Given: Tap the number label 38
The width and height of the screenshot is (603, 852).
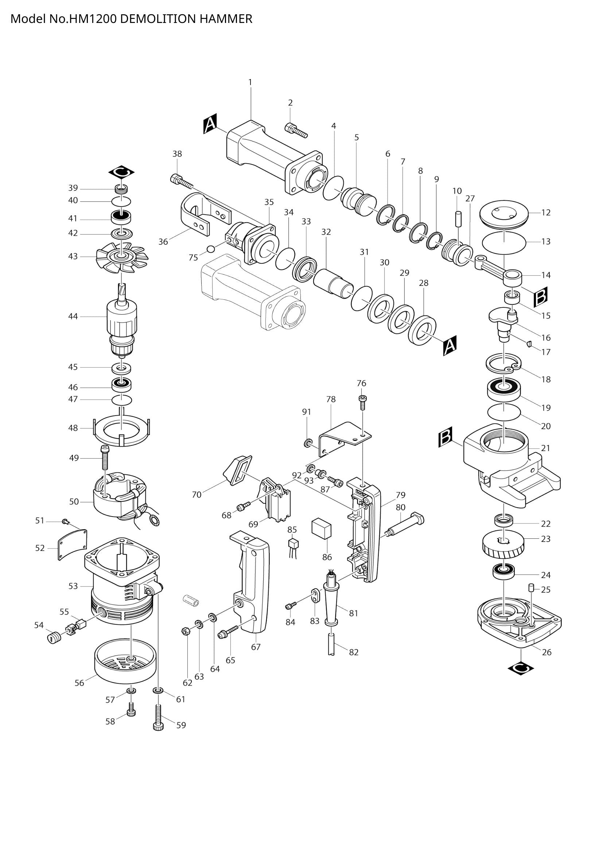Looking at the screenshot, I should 177,154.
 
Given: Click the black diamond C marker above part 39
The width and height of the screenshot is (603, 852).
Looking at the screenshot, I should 121,172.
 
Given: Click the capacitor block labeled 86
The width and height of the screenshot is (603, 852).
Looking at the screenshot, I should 321,529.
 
